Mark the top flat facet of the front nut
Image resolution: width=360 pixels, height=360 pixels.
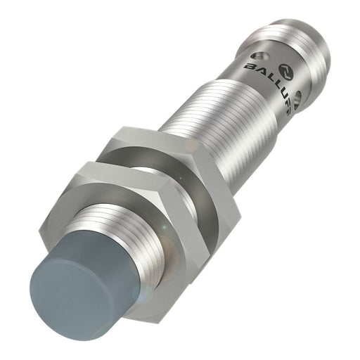click(123, 169)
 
